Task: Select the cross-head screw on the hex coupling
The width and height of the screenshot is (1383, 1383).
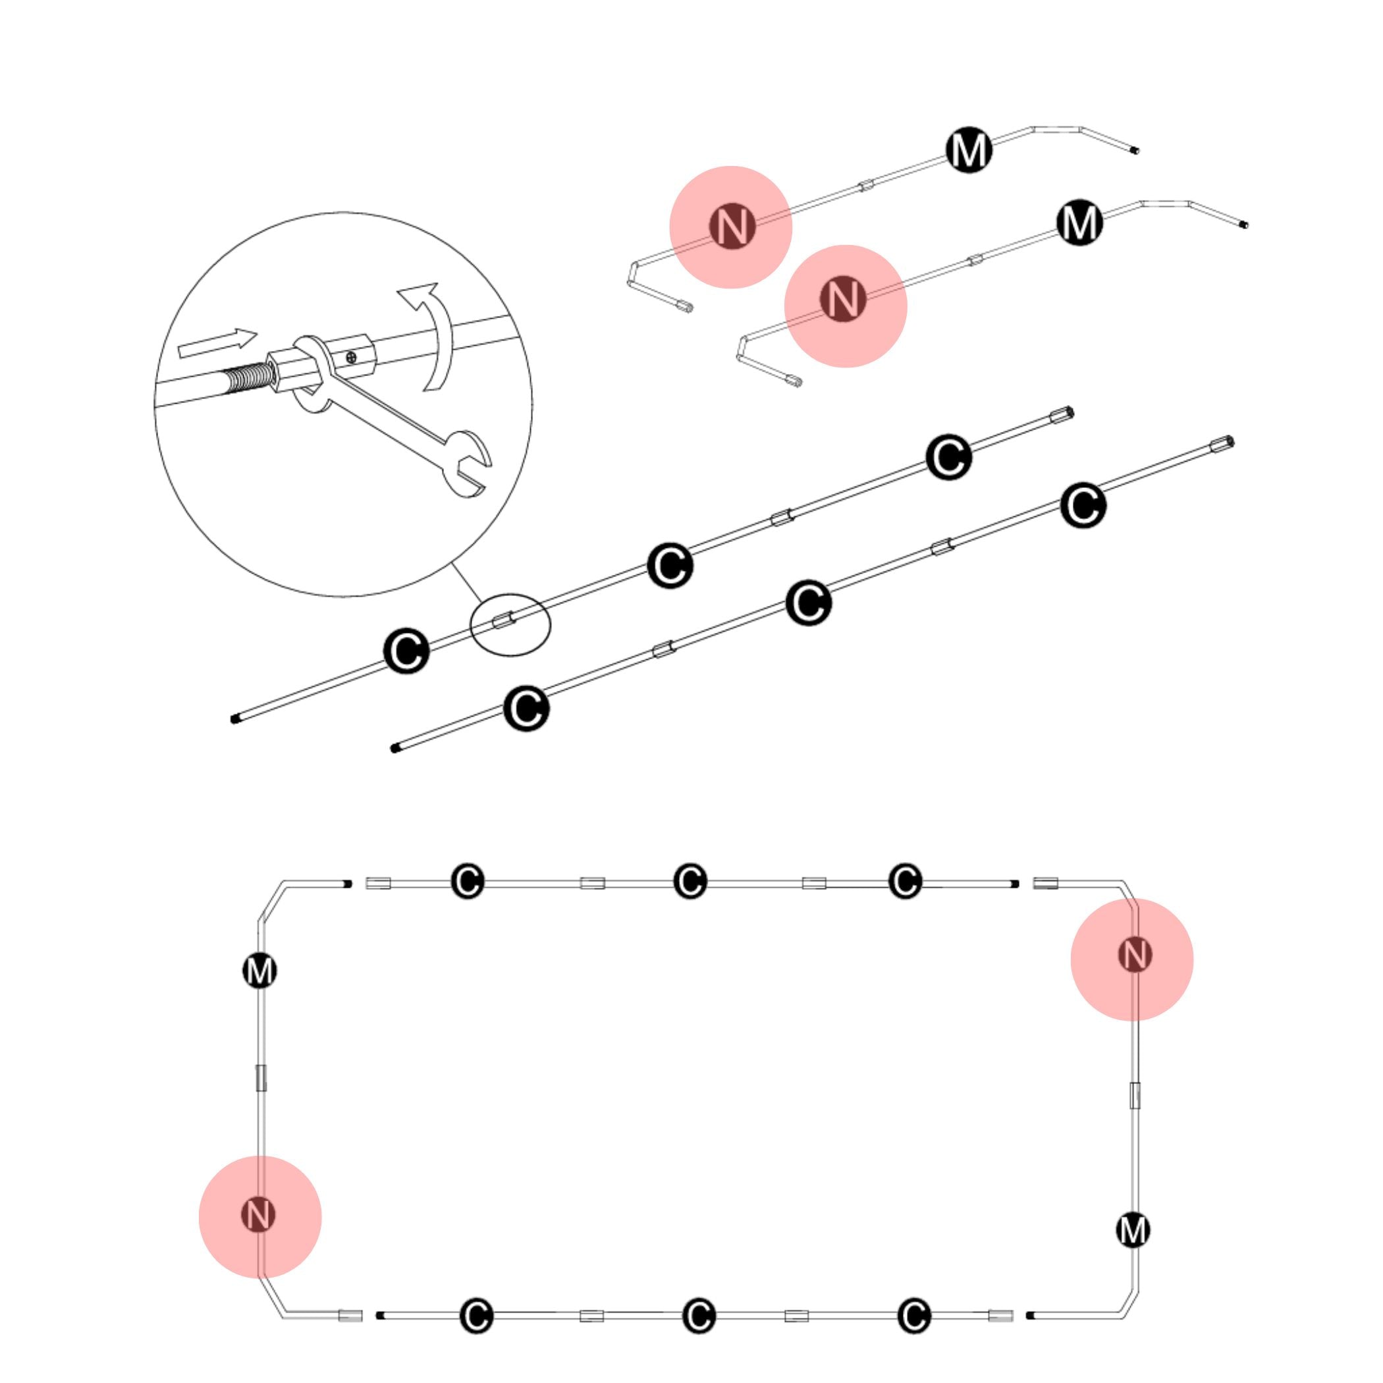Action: [x=351, y=356]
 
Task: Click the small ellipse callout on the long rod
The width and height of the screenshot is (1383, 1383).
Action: [x=510, y=624]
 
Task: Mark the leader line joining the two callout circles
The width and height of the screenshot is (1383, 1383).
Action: [x=467, y=583]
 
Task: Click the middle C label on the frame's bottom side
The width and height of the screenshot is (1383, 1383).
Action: [x=699, y=1316]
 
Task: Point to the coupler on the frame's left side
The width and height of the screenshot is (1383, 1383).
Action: [x=261, y=1077]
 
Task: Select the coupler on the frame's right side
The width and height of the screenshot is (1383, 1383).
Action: [x=1135, y=1096]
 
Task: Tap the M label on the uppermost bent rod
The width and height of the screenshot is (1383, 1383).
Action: [x=969, y=150]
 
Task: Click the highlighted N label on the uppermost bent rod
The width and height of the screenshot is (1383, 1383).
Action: [x=732, y=226]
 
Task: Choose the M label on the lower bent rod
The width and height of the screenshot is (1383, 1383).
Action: [x=1079, y=223]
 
